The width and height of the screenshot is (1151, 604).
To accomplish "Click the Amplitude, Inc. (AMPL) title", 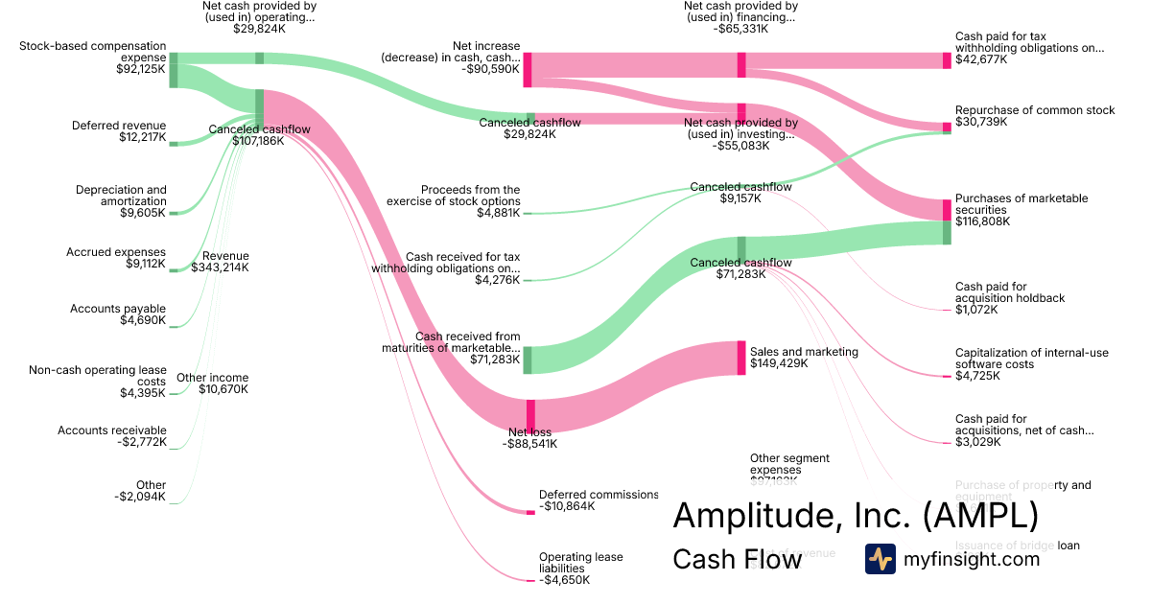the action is tap(855, 516).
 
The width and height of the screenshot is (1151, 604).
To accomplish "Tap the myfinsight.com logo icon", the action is tap(880, 559).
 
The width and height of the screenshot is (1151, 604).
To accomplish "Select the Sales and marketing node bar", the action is tap(741, 358).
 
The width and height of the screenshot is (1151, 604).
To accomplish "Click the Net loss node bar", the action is tap(530, 416).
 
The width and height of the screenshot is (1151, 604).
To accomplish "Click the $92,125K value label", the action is tap(141, 69).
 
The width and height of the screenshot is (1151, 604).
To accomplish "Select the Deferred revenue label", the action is tap(119, 126).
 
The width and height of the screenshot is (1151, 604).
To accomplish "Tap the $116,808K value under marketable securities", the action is tap(982, 221).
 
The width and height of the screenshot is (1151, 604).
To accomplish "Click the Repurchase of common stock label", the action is tap(1035, 110).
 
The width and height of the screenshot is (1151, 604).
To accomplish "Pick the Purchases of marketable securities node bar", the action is tap(947, 209).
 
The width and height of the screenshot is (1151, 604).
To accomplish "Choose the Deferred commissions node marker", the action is tap(530, 512).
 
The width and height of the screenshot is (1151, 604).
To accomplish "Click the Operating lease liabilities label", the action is tap(580, 563).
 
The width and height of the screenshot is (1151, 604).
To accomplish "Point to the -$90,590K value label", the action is tap(490, 69).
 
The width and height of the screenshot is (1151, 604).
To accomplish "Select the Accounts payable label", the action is tap(118, 309).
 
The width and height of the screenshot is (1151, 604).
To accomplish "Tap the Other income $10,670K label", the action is tap(212, 383).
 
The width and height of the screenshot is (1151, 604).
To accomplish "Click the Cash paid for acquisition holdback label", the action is tap(1010, 292).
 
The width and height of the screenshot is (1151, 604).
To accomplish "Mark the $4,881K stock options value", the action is tap(498, 213).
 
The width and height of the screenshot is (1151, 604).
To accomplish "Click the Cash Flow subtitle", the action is tap(737, 559).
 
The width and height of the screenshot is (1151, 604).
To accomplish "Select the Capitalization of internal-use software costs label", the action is tap(1031, 359).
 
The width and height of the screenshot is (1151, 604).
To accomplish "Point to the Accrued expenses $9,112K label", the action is tap(116, 258).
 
